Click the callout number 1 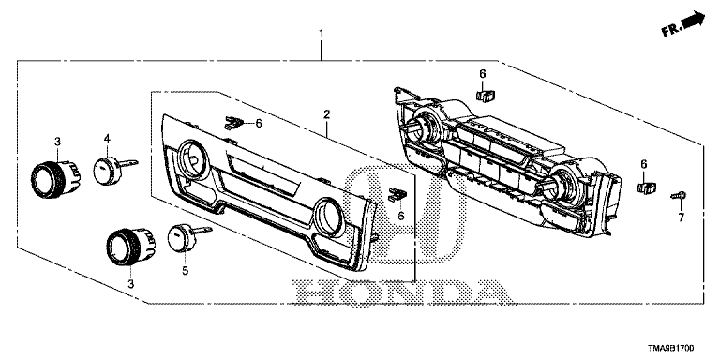coord(322,34)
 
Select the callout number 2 coord(326,114)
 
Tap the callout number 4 coord(107,137)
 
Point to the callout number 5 coord(185,271)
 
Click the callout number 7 coord(682,217)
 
